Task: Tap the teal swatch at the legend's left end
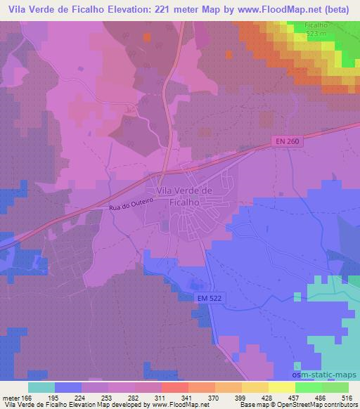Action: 41,387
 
